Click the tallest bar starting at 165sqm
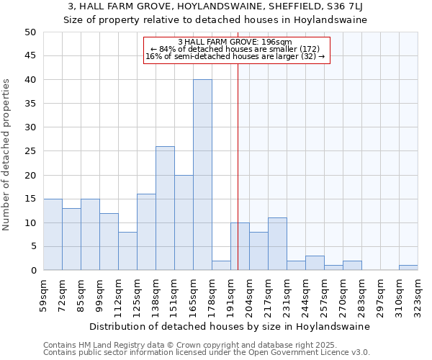tap(202, 175)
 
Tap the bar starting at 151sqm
tap(184, 222)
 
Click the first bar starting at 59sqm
tap(53, 235)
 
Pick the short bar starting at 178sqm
tap(221, 266)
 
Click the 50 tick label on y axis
tap(30, 32)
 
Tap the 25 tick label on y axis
tap(30, 151)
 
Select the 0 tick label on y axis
tap(32, 271)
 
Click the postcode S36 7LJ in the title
tap(337, 7)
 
